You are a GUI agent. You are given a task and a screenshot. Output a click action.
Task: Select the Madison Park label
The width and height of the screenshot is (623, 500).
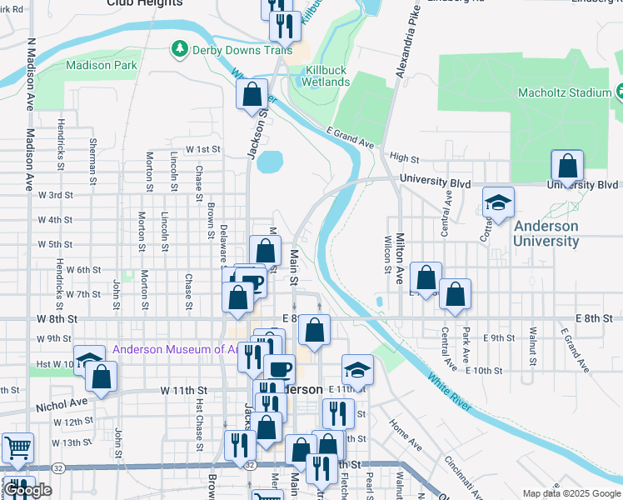(101, 65)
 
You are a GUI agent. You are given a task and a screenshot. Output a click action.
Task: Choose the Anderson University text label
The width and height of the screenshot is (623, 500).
(546, 233)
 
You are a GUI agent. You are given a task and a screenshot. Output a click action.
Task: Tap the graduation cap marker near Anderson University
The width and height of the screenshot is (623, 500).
(498, 203)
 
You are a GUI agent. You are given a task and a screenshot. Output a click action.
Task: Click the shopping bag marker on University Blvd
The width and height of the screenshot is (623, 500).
(567, 167)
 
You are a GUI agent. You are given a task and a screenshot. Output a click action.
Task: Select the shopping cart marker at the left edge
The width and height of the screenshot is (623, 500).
(17, 449)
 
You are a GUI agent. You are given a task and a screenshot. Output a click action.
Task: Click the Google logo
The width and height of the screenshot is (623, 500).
(27, 490)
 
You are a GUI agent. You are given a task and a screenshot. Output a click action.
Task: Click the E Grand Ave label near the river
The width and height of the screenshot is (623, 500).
(351, 138)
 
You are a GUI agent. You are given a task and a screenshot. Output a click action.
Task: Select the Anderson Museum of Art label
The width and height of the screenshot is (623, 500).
(173, 350)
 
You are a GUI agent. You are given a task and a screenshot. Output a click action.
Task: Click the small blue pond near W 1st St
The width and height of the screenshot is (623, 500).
(271, 161)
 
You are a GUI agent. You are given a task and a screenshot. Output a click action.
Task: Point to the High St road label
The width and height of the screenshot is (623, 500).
(403, 157)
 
